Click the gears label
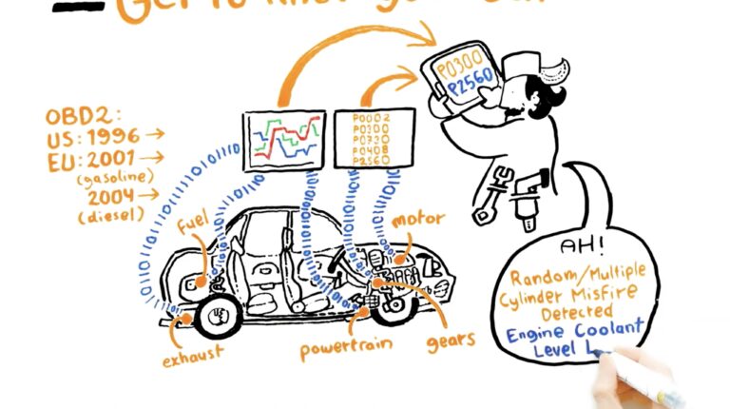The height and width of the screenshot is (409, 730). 447,340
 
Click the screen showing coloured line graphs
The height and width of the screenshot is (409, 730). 283,141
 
